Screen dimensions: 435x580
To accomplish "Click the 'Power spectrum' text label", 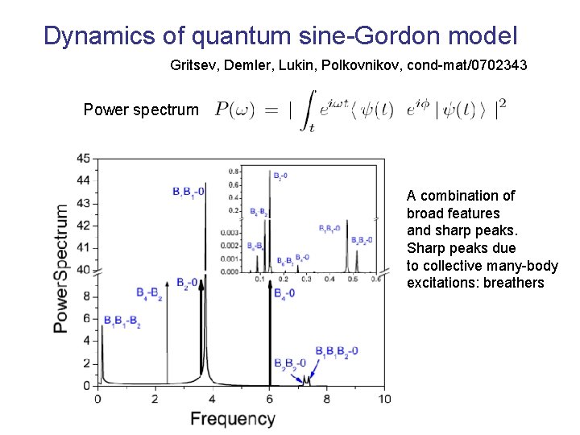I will [141, 110].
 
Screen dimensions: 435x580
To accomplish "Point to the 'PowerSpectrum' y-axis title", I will [62, 268].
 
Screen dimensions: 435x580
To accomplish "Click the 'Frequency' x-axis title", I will [233, 419].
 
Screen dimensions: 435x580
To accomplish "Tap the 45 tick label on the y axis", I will [83, 158].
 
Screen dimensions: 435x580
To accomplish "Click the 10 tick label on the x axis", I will [384, 399].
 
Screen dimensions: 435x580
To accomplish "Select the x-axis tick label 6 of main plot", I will [270, 399].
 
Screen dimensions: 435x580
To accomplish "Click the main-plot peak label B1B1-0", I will [188, 191].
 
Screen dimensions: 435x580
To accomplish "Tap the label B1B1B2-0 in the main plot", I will [337, 351].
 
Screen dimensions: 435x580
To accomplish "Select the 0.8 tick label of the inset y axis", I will [234, 172].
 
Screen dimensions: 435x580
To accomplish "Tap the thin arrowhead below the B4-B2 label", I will [167, 284].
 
